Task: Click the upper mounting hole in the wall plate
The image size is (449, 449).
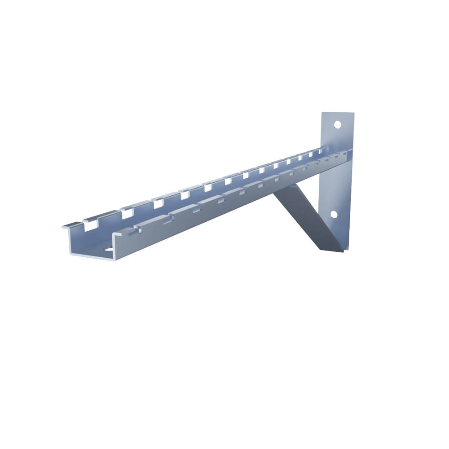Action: [x=337, y=124]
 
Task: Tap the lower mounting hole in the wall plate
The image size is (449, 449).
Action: [x=334, y=214]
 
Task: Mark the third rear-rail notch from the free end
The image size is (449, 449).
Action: [x=158, y=203]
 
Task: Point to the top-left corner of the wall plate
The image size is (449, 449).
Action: [x=322, y=113]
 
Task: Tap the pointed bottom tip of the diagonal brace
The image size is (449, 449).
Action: [x=343, y=251]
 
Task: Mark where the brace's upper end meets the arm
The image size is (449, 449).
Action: [x=281, y=189]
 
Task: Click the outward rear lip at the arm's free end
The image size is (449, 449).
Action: [x=66, y=226]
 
